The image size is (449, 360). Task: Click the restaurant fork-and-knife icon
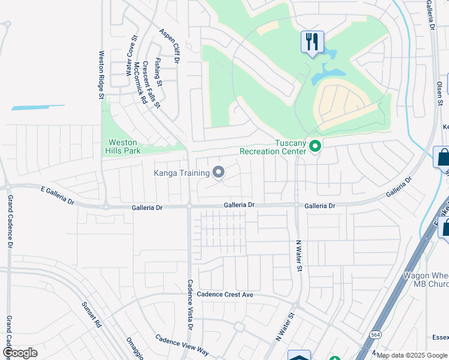(x=312, y=42)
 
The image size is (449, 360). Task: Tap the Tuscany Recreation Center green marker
(x=315, y=146)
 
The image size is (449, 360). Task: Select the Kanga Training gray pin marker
(x=218, y=173)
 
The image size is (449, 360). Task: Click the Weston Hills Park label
(x=124, y=146)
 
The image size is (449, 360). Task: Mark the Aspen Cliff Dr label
(x=170, y=46)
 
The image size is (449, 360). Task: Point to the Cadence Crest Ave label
(x=226, y=295)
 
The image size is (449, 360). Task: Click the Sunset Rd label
(x=92, y=313)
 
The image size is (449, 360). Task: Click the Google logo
(x=20, y=353)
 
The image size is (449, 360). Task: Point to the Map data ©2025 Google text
(x=412, y=355)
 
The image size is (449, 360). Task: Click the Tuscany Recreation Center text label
(x=274, y=147)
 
